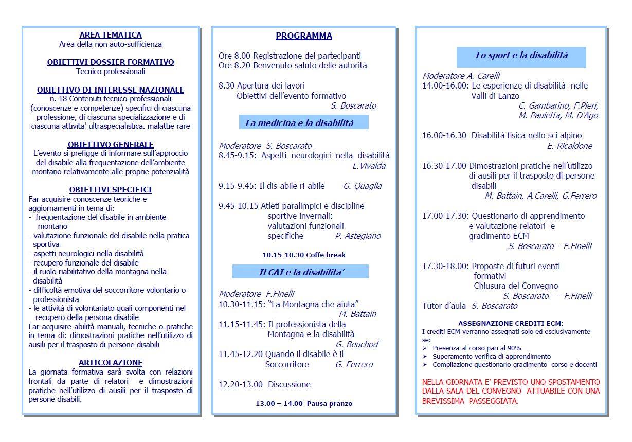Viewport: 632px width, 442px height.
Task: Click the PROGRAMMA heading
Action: (303, 36)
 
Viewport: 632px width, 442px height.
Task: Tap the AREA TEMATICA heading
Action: (111, 35)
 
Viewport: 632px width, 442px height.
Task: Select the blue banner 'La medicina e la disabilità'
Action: (303, 123)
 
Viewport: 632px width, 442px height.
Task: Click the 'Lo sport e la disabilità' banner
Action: (521, 56)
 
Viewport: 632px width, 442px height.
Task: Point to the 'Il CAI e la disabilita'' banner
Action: (301, 272)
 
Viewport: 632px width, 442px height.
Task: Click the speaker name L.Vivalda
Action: (369, 166)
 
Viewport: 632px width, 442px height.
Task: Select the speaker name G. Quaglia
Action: (362, 186)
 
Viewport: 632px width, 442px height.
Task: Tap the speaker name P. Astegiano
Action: (358, 236)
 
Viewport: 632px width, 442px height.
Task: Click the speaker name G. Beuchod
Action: (357, 344)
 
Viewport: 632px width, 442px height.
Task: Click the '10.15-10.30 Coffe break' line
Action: (304, 255)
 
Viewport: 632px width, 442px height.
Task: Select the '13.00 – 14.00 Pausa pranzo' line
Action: (304, 404)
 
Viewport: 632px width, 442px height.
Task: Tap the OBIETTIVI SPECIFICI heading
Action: (111, 190)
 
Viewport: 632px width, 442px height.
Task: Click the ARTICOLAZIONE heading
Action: (111, 363)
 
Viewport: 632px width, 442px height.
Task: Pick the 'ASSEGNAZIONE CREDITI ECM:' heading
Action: (511, 323)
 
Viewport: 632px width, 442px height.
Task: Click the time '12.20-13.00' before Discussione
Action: (240, 384)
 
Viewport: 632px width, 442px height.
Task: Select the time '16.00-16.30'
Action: (444, 135)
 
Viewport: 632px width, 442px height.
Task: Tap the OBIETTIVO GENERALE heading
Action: (111, 145)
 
